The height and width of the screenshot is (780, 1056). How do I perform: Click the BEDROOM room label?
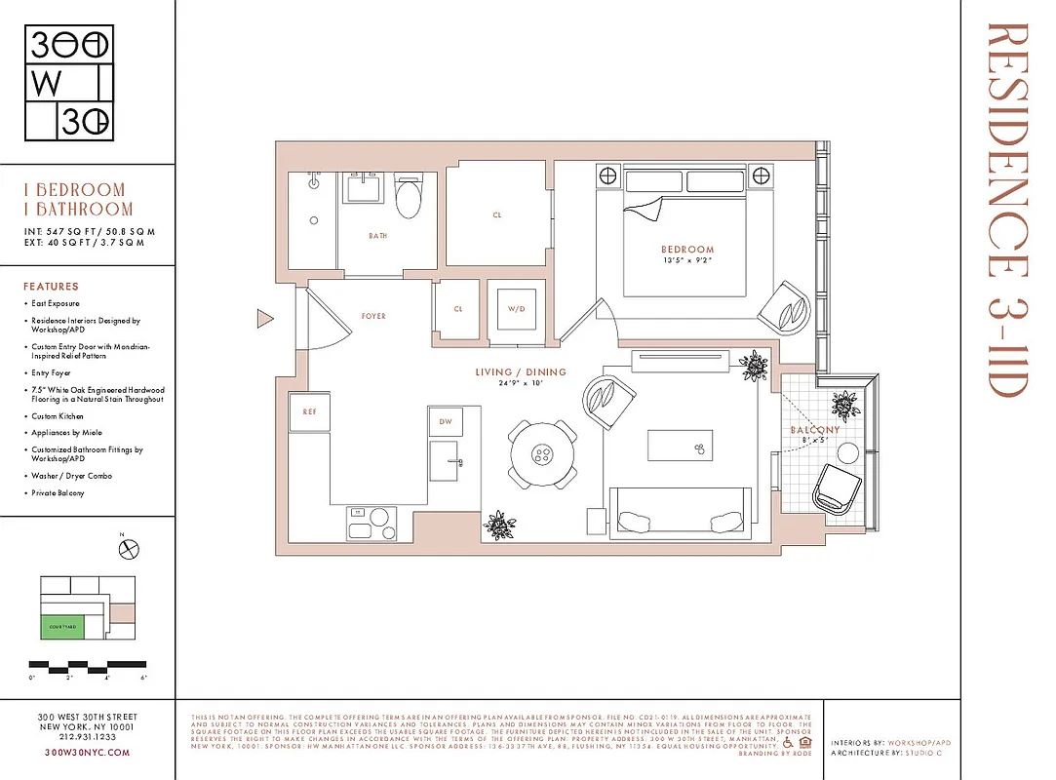point(687,250)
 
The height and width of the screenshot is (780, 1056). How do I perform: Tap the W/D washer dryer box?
point(516,310)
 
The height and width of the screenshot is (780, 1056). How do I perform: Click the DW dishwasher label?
point(446,421)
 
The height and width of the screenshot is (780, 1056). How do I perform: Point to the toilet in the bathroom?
point(408,198)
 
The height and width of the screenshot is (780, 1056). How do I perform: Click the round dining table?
point(542,454)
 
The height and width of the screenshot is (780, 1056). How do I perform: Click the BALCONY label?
point(814,430)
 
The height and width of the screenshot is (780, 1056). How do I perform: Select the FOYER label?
point(373,316)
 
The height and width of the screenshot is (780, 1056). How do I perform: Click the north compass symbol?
point(128,549)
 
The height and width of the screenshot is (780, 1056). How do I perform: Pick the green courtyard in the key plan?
point(61,626)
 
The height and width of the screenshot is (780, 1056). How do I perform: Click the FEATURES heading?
point(51,287)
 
